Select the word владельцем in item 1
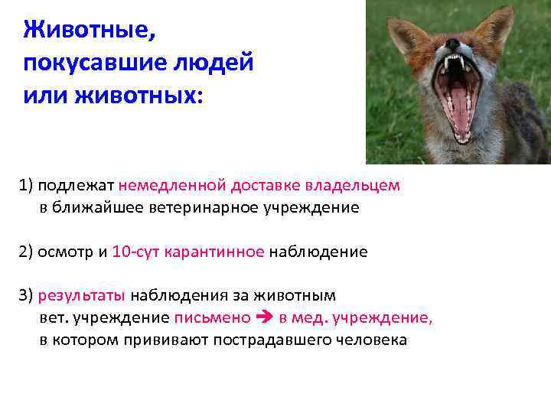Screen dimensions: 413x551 pyautogui.click(x=352, y=185)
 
